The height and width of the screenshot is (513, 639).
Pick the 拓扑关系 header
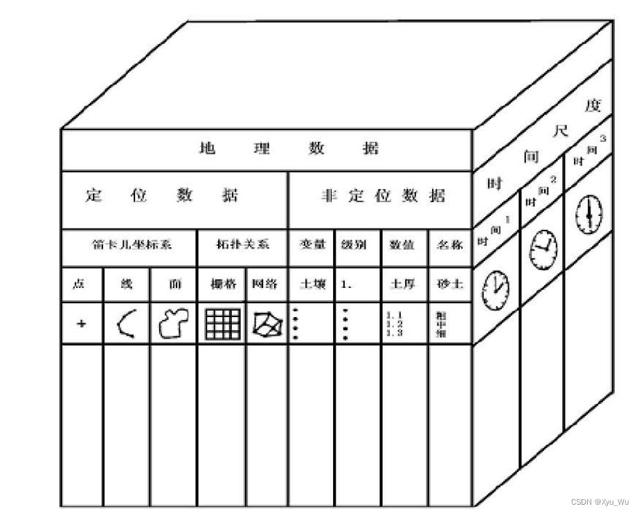(x=242, y=244)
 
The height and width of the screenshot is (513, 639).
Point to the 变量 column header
(x=312, y=244)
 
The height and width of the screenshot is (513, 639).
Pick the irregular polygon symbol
(x=173, y=323)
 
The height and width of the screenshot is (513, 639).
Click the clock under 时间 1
(x=496, y=286)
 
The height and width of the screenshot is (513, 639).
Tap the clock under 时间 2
(x=542, y=246)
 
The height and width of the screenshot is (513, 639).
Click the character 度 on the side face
(x=593, y=106)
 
